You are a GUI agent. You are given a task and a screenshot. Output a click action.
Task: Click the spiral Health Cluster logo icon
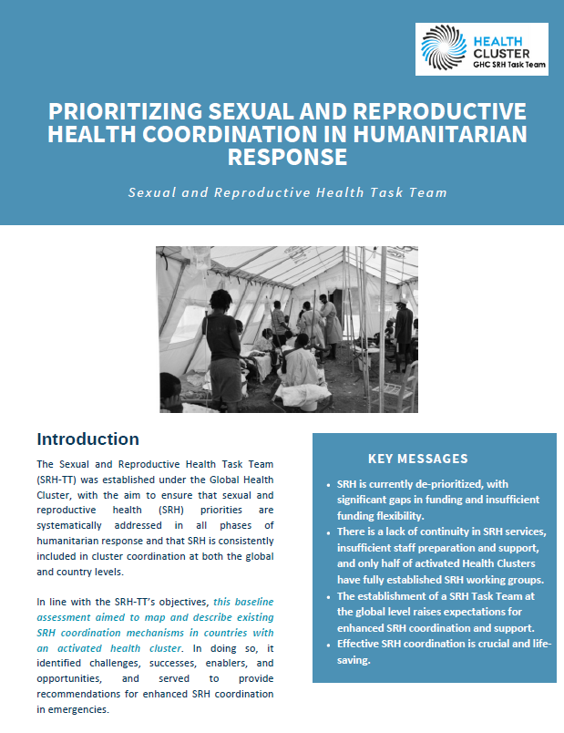[x=444, y=49]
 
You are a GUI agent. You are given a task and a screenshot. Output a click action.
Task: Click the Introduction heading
[x=87, y=439]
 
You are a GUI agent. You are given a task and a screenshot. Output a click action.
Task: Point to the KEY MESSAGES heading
[x=418, y=459]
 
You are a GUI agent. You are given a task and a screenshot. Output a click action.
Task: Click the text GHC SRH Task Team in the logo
[x=508, y=67]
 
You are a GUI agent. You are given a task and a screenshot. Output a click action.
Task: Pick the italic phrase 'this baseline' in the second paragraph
[x=243, y=601]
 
